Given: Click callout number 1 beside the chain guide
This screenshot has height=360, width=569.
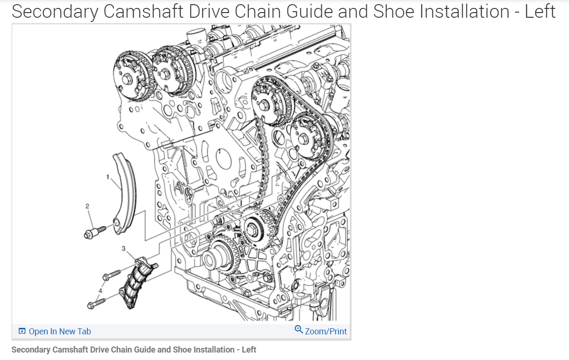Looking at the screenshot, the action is (108, 177).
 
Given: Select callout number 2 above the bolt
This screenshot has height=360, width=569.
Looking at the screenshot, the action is (87, 206).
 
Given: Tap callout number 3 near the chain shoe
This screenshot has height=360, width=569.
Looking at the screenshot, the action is (124, 249).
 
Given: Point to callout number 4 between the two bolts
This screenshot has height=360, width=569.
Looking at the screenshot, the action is (99, 291).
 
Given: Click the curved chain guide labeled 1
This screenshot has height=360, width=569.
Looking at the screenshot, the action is (125, 196).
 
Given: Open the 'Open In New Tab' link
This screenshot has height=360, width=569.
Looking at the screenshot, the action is (60, 332).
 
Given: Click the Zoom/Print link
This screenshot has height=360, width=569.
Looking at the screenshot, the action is (326, 332).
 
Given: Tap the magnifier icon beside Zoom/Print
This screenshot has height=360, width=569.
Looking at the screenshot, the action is (299, 330).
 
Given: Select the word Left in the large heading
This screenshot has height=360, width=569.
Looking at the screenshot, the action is (540, 11).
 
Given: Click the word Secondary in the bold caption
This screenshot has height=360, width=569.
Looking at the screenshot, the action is (30, 350).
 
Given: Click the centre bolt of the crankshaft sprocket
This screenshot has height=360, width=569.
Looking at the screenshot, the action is (252, 229).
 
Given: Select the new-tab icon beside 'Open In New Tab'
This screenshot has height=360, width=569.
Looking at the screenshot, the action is (22, 332).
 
